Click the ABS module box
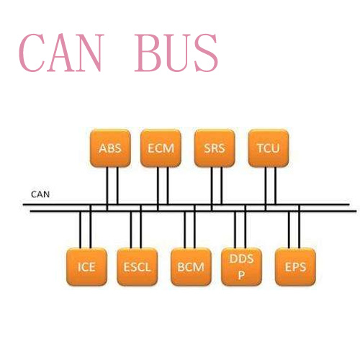click(110, 148)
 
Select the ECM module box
click(161, 148)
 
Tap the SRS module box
click(215, 148)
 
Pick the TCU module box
click(269, 148)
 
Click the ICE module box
click(86, 267)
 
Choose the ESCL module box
click(138, 267)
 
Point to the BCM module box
click(191, 267)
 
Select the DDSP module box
click(241, 267)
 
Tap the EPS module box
click(295, 267)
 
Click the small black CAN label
click(40, 194)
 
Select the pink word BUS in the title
click(176, 53)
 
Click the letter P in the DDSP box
click(241, 275)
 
